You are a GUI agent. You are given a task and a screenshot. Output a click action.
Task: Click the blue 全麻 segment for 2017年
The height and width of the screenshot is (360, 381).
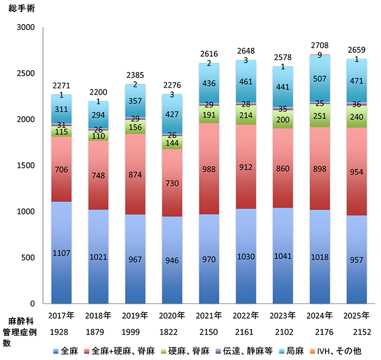click(x=61, y=252)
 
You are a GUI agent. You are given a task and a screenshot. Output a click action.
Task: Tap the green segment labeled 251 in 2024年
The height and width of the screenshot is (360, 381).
click(x=320, y=115)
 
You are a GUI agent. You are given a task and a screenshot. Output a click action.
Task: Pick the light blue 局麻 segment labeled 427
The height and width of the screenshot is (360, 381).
click(x=172, y=114)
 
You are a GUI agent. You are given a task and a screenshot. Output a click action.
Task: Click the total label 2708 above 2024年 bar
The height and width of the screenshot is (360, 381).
click(x=320, y=47)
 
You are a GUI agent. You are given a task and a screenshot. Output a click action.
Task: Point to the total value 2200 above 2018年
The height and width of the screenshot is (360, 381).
click(x=98, y=93)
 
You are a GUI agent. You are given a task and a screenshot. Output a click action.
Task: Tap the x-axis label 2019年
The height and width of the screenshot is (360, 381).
click(x=135, y=315)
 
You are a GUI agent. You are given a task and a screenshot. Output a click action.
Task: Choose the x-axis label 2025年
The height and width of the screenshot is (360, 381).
click(x=357, y=315)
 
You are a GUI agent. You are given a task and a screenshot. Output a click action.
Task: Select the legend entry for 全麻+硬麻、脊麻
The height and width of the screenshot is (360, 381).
click(x=119, y=350)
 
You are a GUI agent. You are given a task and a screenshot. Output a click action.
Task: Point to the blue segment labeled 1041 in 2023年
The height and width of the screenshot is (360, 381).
click(x=283, y=255)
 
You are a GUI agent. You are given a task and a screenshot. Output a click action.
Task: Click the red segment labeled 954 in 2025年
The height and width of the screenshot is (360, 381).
click(x=357, y=172)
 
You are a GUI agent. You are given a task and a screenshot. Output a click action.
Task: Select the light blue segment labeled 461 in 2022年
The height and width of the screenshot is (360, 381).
click(x=246, y=82)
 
